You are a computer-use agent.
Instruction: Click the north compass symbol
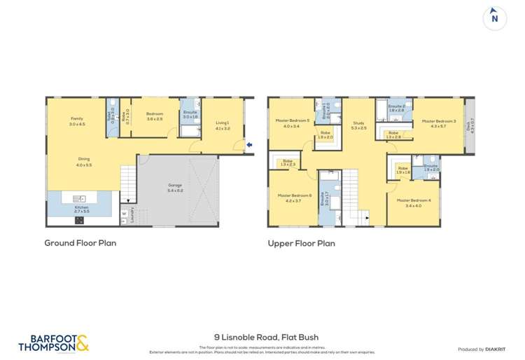click(495, 19)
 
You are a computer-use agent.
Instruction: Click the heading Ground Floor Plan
click(80, 243)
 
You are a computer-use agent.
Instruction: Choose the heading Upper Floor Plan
click(301, 244)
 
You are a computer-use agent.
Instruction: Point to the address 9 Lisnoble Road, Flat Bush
click(262, 337)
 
